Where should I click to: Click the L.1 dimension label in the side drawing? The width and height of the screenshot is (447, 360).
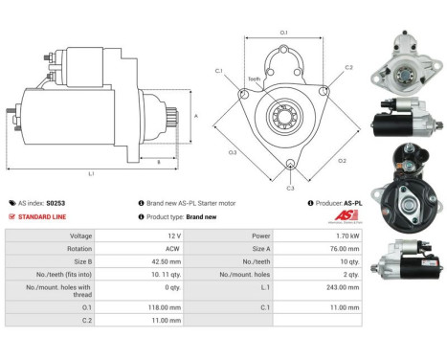click(x=91, y=172)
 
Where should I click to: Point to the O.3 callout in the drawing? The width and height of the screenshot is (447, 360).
click(x=233, y=152)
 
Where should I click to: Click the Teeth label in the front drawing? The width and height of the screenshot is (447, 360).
click(x=254, y=79)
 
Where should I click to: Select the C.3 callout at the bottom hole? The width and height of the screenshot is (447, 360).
click(x=291, y=188)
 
